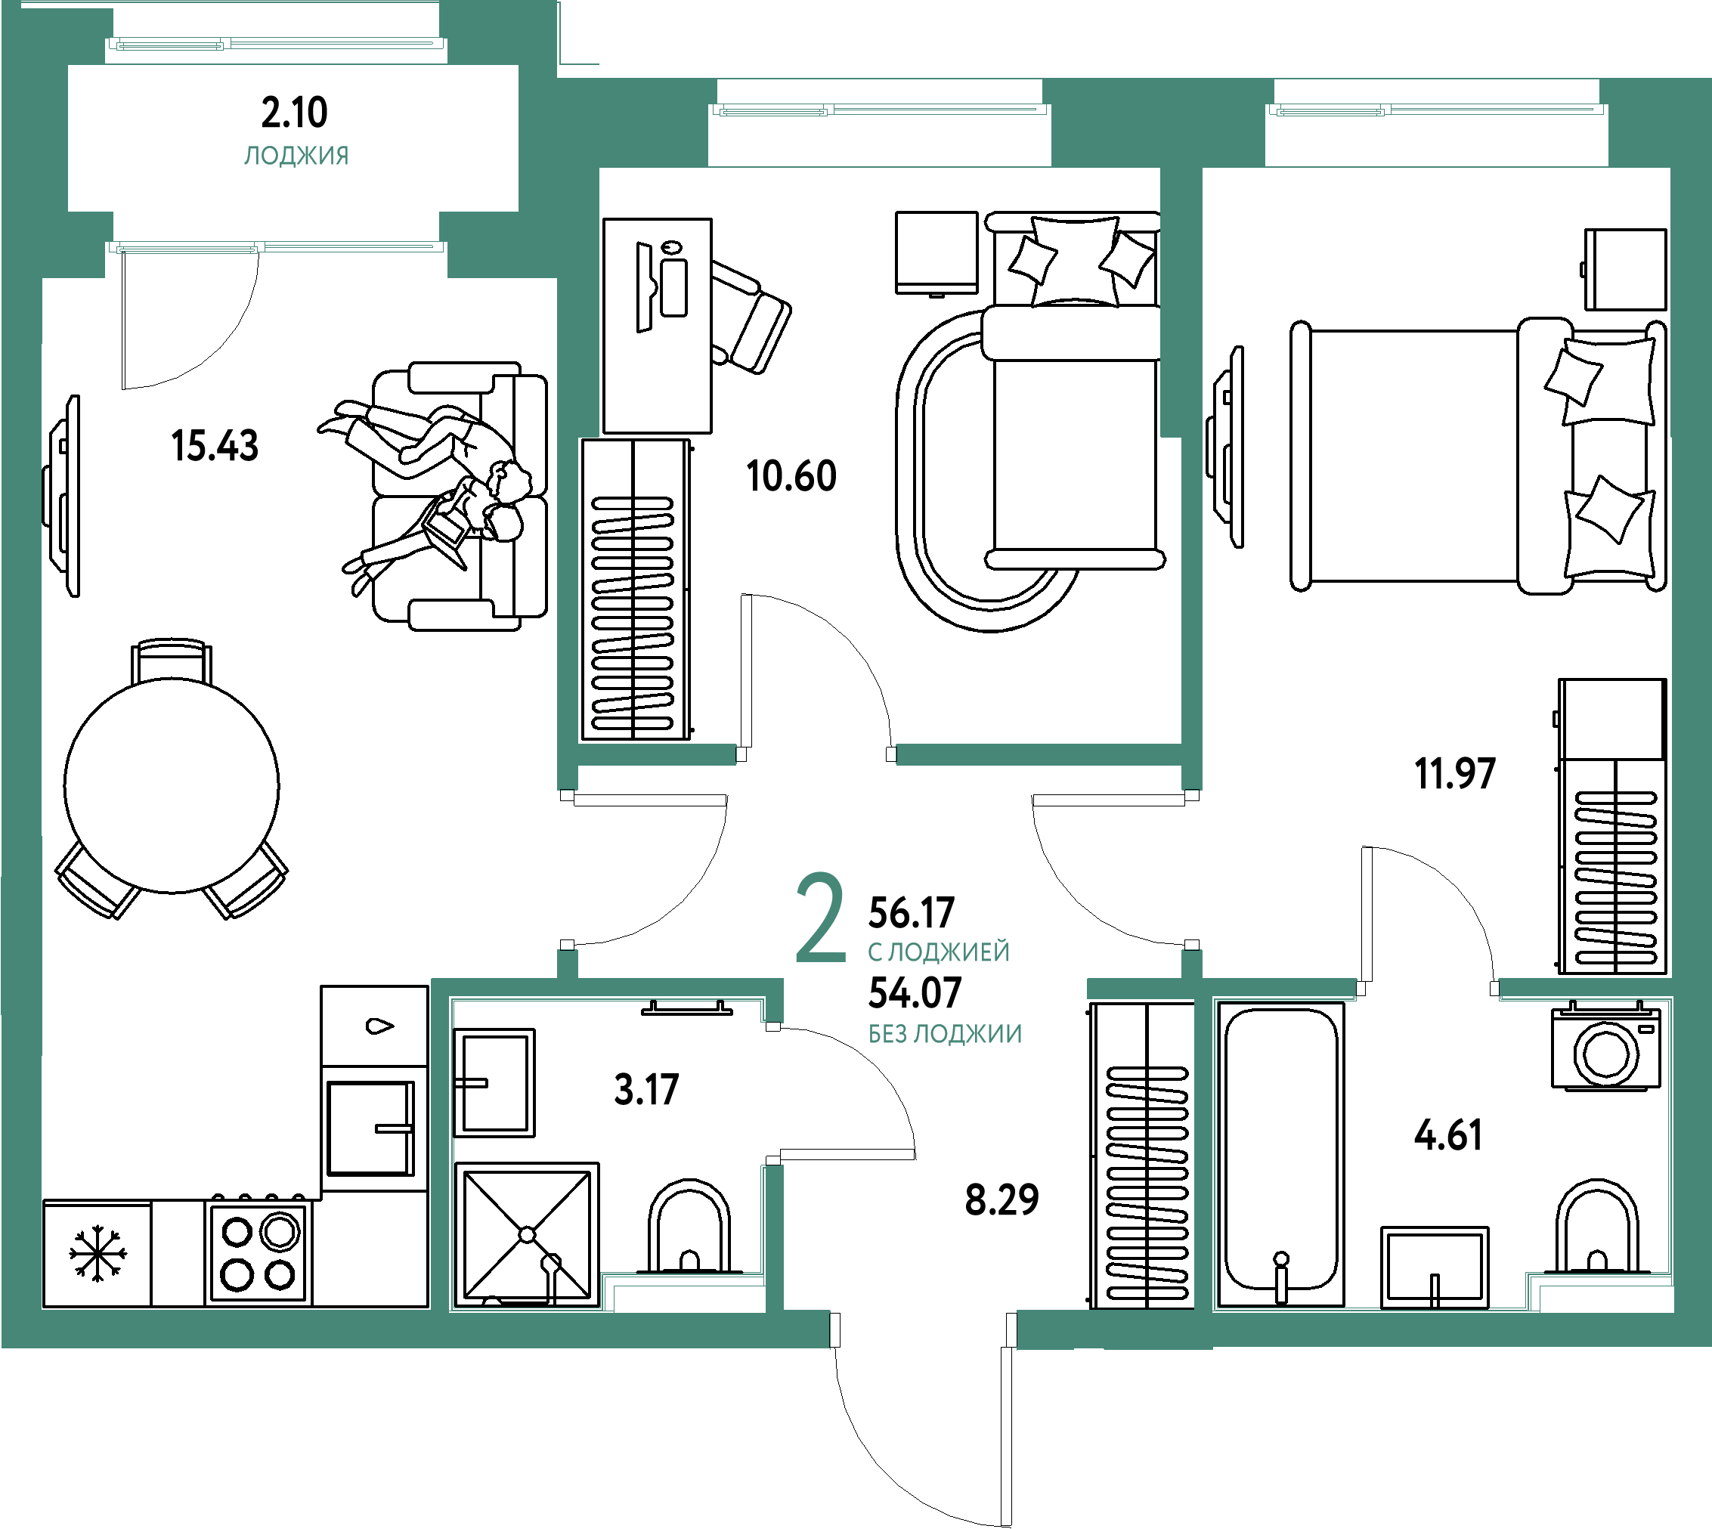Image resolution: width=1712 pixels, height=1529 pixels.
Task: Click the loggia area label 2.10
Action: (x=294, y=113)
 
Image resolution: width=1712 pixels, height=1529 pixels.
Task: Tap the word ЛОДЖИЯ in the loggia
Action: (x=296, y=156)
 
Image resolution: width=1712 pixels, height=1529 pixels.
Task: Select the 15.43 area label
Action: (x=215, y=445)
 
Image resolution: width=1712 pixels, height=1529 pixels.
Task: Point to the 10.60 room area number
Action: (x=791, y=475)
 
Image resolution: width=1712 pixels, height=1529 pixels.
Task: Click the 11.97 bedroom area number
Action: (x=1455, y=773)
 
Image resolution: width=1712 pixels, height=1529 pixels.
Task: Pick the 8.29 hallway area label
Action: (x=1002, y=1199)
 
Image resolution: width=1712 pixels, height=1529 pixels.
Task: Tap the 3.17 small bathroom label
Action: (x=646, y=1090)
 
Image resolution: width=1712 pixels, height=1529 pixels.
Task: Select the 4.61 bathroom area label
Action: (x=1448, y=1135)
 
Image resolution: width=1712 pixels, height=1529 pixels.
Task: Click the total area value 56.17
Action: (x=912, y=912)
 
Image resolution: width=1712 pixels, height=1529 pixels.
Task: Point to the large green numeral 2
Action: (x=820, y=918)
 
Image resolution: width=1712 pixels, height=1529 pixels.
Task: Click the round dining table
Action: (x=172, y=785)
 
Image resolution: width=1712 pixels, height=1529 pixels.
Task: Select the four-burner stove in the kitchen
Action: (x=258, y=1252)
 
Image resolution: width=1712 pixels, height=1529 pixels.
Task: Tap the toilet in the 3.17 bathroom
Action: (x=689, y=1227)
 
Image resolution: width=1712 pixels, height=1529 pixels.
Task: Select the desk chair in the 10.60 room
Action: (x=750, y=317)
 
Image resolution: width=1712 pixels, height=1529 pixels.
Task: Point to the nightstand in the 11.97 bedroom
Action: (x=1624, y=270)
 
